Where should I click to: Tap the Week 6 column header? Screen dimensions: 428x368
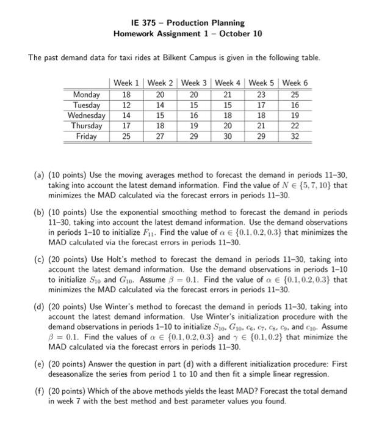click(296, 83)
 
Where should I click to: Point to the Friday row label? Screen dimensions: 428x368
click(87, 136)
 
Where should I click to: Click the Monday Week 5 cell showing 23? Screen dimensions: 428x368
click(262, 94)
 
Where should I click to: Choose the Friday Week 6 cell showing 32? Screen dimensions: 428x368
click(296, 136)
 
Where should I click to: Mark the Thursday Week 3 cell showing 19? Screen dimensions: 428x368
click(194, 125)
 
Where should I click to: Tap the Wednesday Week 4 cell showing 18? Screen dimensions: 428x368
click(228, 115)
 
